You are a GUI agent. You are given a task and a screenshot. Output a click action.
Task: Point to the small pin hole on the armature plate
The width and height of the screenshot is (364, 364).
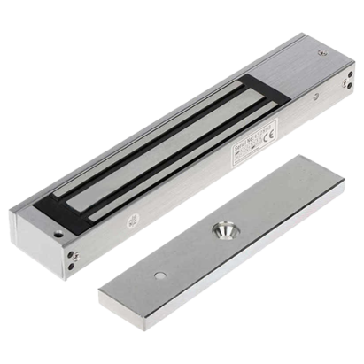tap(159, 275)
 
